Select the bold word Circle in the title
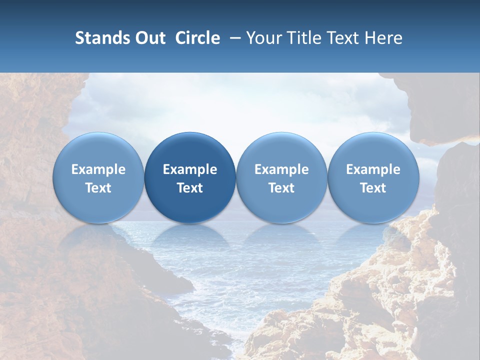pos(197,38)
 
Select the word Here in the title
pos(384,38)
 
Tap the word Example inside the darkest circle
pos(190,169)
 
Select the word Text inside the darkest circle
pos(190,188)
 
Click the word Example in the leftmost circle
pos(98,169)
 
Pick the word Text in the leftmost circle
pos(98,188)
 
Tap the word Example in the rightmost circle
pos(373,169)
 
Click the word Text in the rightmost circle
pos(373,188)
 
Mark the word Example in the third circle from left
pos(281,169)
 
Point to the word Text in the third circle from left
pos(281,188)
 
